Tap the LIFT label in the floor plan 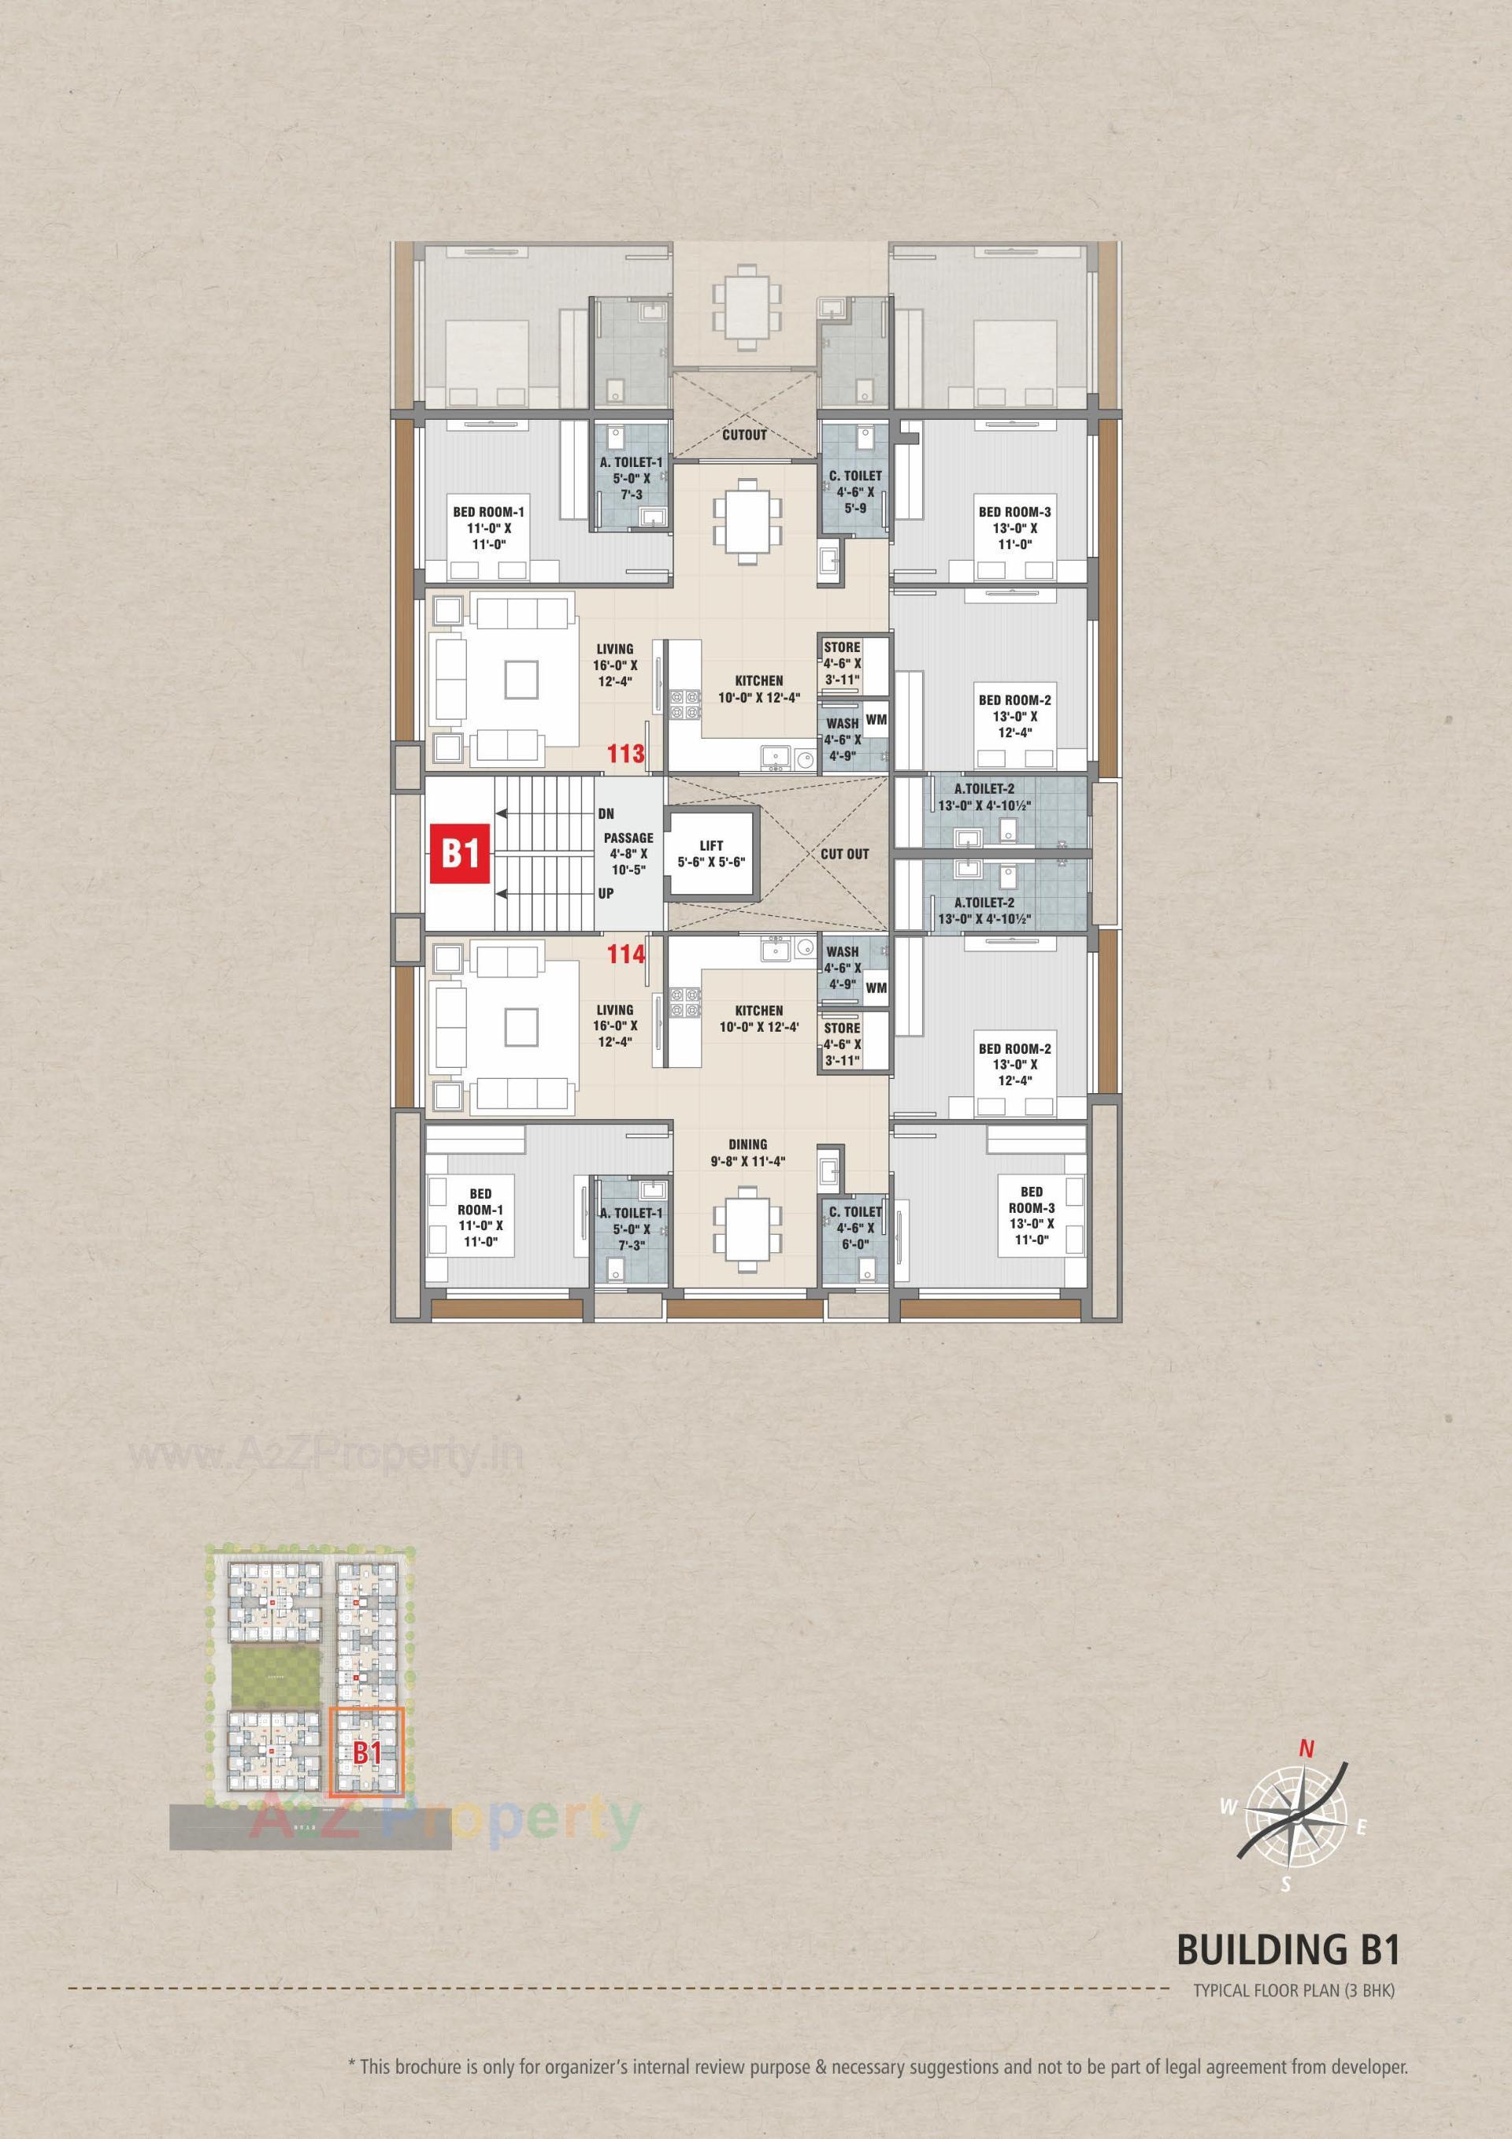[x=712, y=845]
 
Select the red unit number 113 [x=626, y=754]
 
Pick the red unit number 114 [x=626, y=954]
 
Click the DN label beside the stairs [x=606, y=814]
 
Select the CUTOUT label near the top [x=744, y=435]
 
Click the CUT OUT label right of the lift [x=845, y=854]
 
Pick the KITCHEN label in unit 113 [x=758, y=681]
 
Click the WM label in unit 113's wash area [x=876, y=719]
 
